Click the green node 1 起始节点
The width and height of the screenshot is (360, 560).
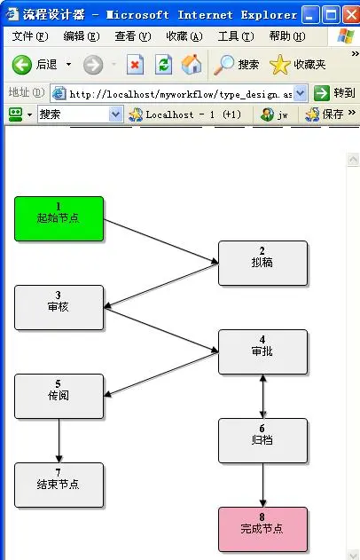point(59,218)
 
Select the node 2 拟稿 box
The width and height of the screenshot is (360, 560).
point(263,264)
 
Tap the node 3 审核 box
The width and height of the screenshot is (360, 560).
point(59,307)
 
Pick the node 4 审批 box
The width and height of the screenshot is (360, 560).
point(263,351)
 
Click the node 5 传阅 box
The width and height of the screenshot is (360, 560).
point(59,397)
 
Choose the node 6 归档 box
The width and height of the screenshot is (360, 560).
point(263,441)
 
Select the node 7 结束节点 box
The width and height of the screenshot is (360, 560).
point(59,485)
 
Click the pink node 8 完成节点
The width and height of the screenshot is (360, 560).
point(263,529)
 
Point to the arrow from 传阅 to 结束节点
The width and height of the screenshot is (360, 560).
point(59,441)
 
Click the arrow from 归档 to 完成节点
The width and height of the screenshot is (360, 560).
point(263,485)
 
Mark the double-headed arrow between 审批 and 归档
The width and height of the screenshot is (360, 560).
point(263,397)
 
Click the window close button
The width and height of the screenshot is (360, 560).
point(351,15)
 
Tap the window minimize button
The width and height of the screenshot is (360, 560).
point(310,15)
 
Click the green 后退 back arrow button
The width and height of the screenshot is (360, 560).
point(22,65)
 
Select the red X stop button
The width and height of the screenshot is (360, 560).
point(136,65)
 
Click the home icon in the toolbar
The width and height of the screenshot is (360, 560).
point(192,64)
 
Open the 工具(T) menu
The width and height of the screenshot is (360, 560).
point(236,36)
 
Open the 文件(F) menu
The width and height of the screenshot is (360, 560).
point(30,36)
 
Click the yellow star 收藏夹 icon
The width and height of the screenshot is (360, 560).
point(279,65)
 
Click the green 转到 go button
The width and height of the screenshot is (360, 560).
point(322,93)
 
